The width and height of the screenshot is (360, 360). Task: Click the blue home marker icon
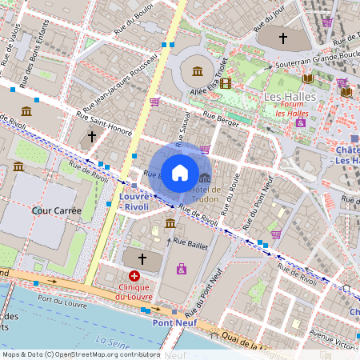(x=180, y=172)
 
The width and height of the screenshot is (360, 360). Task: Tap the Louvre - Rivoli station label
(x=134, y=201)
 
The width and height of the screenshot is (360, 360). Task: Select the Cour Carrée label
(x=53, y=210)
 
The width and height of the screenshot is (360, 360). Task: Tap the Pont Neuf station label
(x=174, y=322)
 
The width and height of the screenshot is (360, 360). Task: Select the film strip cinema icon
(x=226, y=83)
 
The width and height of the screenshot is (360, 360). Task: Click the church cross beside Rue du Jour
(x=282, y=37)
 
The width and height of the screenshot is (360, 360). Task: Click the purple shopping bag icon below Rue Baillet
(x=182, y=269)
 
